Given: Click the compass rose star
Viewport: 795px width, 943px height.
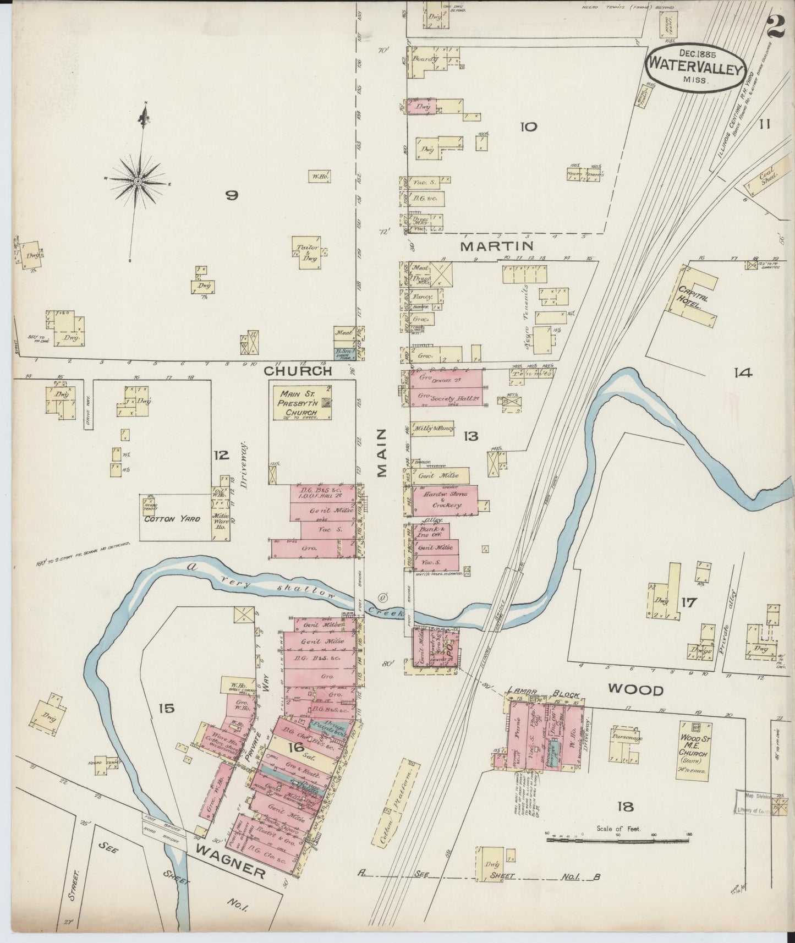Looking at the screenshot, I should [138, 180].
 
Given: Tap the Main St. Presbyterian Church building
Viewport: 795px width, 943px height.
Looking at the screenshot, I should [303, 403].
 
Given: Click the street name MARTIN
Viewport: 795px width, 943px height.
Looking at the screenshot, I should [497, 245].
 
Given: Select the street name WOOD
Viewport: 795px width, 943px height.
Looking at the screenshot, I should [635, 689].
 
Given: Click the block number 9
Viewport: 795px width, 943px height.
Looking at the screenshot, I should [232, 195].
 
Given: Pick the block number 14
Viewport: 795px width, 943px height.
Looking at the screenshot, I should [742, 373].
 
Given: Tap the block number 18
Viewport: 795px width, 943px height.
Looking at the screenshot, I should [625, 807].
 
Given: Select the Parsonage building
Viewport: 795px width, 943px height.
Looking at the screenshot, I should [626, 743].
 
